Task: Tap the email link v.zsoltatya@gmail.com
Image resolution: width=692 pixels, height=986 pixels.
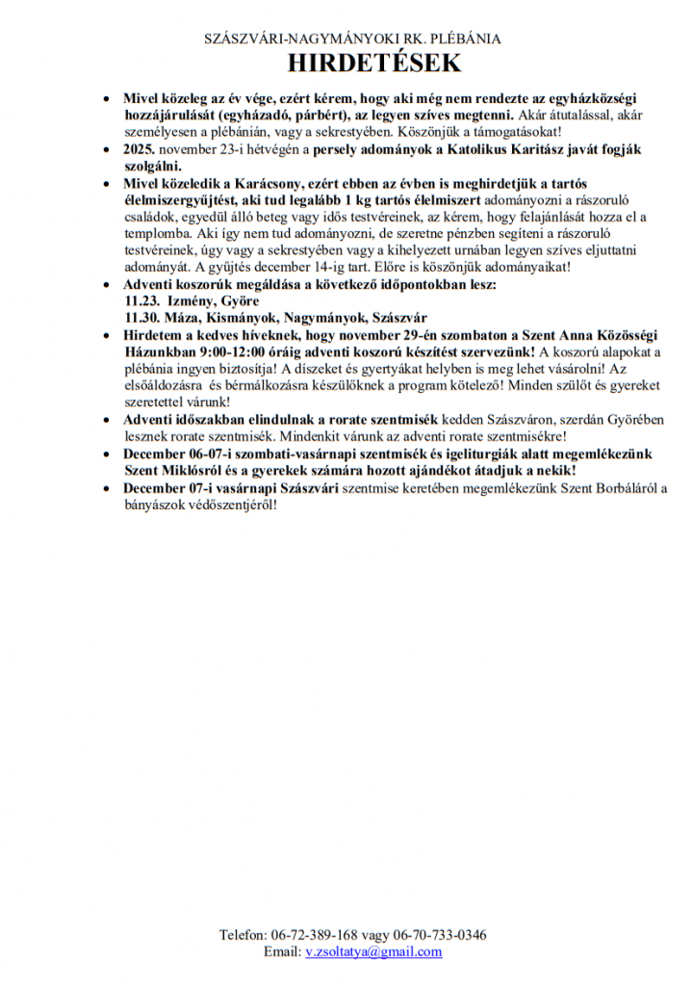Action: [373, 951]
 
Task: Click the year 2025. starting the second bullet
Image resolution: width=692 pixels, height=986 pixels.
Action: [140, 150]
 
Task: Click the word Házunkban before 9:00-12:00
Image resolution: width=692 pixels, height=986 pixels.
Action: [156, 351]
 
